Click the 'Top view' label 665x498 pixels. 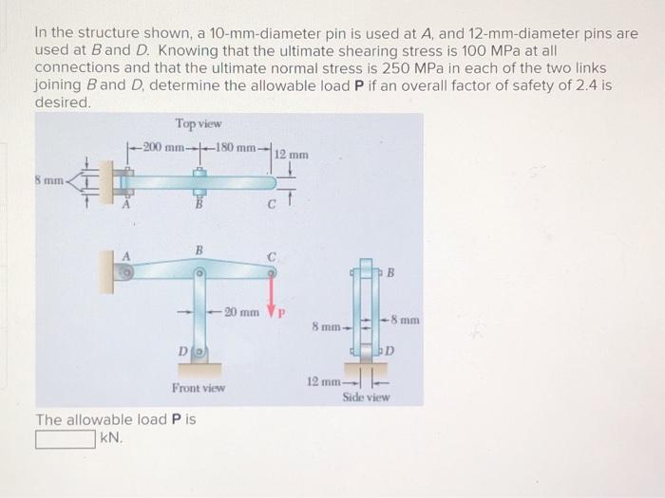[199, 124]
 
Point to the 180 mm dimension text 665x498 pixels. [233, 147]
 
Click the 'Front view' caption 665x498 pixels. [199, 388]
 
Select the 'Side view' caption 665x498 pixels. [366, 398]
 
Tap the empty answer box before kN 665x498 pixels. [66, 439]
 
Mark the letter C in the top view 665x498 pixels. [272, 200]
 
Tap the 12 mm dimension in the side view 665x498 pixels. [321, 380]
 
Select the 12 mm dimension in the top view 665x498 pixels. [291, 154]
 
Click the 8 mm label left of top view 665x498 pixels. [47, 175]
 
